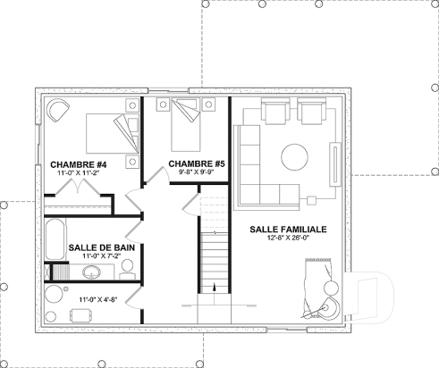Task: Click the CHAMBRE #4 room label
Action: point(80,163)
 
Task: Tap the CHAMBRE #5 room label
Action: point(195,163)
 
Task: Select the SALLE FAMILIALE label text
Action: point(288,230)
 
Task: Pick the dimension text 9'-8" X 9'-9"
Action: point(195,172)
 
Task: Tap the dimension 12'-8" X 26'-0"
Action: point(288,239)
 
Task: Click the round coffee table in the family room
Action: point(296,158)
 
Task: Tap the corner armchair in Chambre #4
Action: point(58,112)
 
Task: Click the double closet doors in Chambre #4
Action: point(83,188)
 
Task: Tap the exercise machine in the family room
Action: point(321,286)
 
